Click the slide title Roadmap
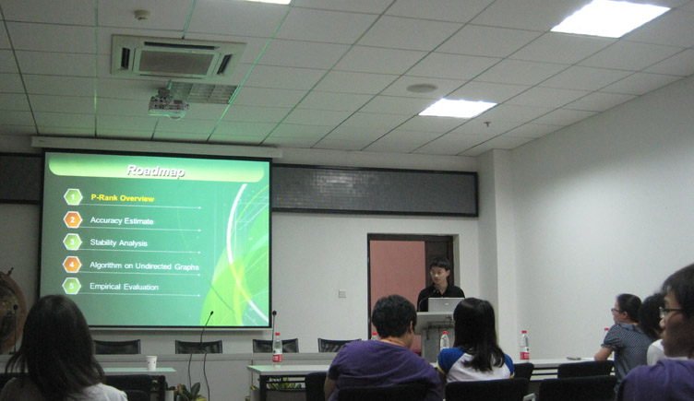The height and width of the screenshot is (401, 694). [x=155, y=171]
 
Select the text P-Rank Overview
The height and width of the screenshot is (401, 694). [x=123, y=198]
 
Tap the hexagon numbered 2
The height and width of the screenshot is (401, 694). [x=73, y=219]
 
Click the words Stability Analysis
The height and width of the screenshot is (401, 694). [x=119, y=242]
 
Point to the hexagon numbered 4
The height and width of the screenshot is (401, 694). [x=72, y=265]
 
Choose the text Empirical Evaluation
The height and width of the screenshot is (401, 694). [x=124, y=287]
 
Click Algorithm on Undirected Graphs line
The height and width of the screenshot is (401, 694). [x=144, y=265]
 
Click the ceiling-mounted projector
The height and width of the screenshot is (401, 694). [x=168, y=104]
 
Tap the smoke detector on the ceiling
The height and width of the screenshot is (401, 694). [x=141, y=15]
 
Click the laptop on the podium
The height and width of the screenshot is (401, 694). [x=445, y=305]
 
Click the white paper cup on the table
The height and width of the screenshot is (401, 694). [x=151, y=362]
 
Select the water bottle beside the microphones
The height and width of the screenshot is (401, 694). [x=277, y=348]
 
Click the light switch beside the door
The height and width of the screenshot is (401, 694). [x=342, y=293]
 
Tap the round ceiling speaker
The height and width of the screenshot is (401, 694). [x=422, y=88]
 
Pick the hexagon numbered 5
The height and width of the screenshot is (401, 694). [x=72, y=286]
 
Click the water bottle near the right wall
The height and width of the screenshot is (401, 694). [x=524, y=346]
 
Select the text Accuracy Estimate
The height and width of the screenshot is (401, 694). [x=122, y=220]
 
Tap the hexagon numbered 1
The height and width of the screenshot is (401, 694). [x=73, y=196]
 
